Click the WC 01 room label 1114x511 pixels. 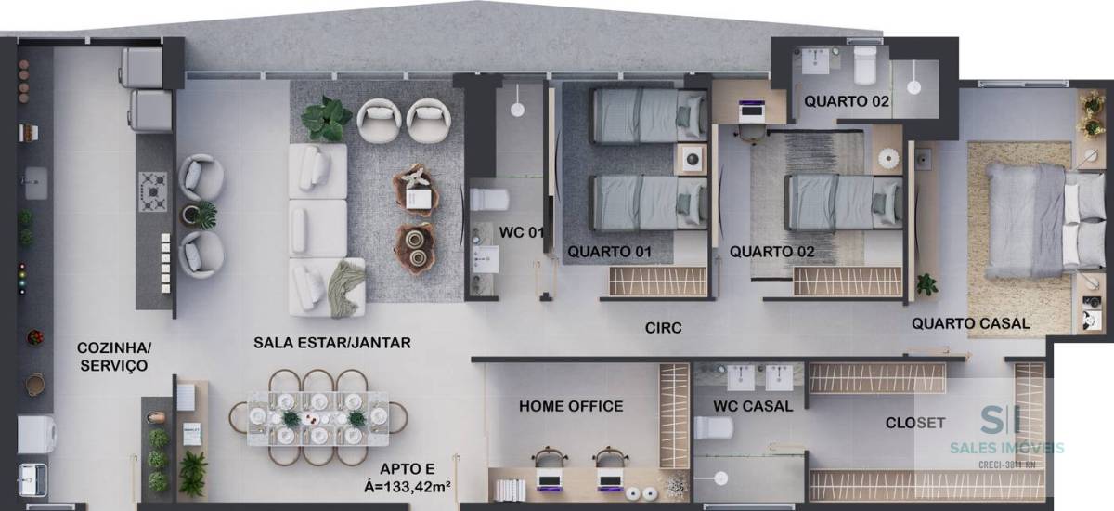point(522,232)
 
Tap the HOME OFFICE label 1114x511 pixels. point(571,407)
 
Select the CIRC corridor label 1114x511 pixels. point(664,328)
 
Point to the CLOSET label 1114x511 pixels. point(915,423)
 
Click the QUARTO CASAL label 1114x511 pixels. point(971,324)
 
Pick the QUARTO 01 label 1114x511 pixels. point(609,252)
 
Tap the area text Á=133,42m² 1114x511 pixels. point(408,486)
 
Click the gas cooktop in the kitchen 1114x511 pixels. point(152,191)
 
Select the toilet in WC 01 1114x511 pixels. point(489,200)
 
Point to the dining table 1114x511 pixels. point(318,418)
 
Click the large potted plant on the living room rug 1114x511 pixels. point(327,118)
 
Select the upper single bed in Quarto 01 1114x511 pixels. point(649,115)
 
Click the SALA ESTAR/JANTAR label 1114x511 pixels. point(332,343)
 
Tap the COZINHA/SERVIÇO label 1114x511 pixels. point(114,357)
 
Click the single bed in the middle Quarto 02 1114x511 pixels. point(844,202)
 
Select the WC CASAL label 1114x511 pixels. point(753,407)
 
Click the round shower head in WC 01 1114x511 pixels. point(517,110)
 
